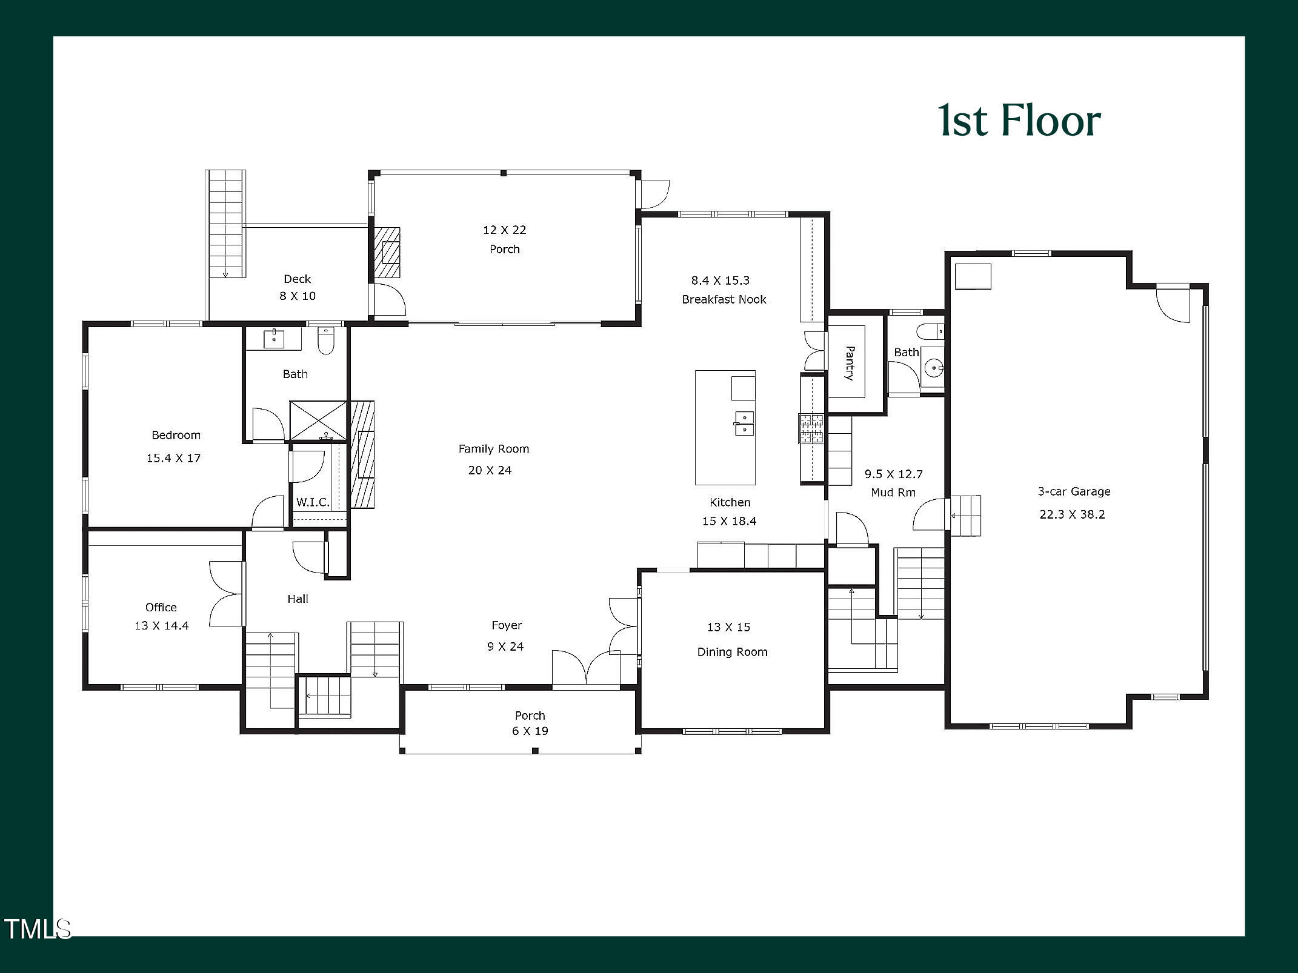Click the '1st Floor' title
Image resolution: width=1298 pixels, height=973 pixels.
(x=1019, y=121)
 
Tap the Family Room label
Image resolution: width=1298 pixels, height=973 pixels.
(x=493, y=449)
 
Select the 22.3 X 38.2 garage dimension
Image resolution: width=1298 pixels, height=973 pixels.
(x=1072, y=514)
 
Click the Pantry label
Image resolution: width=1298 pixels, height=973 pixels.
(x=850, y=363)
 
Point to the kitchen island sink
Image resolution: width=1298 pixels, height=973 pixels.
(x=744, y=423)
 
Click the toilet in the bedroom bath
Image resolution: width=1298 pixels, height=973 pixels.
(x=326, y=342)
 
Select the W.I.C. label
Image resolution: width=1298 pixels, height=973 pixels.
(x=313, y=502)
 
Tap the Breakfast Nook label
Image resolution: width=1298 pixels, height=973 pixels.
(x=724, y=299)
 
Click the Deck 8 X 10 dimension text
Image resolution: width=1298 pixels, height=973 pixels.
(x=297, y=296)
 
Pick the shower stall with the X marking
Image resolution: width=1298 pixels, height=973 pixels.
(x=318, y=419)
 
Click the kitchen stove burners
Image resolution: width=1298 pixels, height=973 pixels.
(x=811, y=428)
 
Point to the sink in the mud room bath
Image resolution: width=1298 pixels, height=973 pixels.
(x=936, y=368)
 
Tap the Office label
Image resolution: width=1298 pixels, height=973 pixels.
(x=161, y=607)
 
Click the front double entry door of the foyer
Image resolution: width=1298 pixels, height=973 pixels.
(x=585, y=670)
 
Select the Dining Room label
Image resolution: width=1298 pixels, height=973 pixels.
(x=732, y=652)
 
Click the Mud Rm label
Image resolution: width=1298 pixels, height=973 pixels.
(x=893, y=493)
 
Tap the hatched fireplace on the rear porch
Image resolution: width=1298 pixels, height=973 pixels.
(x=387, y=252)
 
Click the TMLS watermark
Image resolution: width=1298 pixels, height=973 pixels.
(x=37, y=929)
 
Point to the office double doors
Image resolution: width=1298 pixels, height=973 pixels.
(x=227, y=594)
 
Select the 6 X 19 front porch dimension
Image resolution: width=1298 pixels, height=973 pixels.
(x=530, y=731)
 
